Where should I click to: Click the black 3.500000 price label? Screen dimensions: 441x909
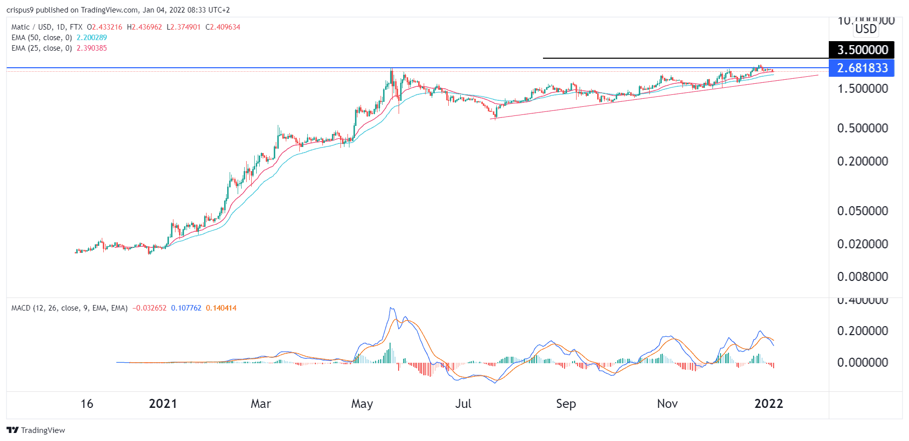point(862,50)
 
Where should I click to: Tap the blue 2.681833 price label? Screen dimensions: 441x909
point(862,68)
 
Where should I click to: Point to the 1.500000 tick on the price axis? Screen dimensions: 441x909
point(862,89)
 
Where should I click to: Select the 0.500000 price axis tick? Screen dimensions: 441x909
point(862,128)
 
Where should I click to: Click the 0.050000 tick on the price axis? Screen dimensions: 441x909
point(862,211)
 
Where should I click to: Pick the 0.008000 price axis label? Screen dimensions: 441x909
point(862,277)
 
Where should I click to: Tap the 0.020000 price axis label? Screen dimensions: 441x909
point(862,244)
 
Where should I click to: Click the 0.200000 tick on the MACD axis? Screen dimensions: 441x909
point(862,331)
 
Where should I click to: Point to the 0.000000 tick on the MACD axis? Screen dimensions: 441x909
point(862,363)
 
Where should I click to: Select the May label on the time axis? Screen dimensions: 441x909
point(362,404)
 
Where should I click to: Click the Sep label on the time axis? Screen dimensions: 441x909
point(566,404)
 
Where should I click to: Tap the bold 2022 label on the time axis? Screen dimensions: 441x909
point(768,404)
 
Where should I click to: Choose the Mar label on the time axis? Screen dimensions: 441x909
point(261,404)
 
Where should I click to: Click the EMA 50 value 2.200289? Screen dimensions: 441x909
point(92,38)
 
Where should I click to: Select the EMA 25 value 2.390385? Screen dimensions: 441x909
point(92,48)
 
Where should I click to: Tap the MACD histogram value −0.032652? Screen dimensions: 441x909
point(149,308)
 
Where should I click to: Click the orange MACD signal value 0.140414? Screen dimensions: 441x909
point(221,308)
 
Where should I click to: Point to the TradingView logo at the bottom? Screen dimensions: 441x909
point(36,430)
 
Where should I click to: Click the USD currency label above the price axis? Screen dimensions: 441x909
point(866,29)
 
